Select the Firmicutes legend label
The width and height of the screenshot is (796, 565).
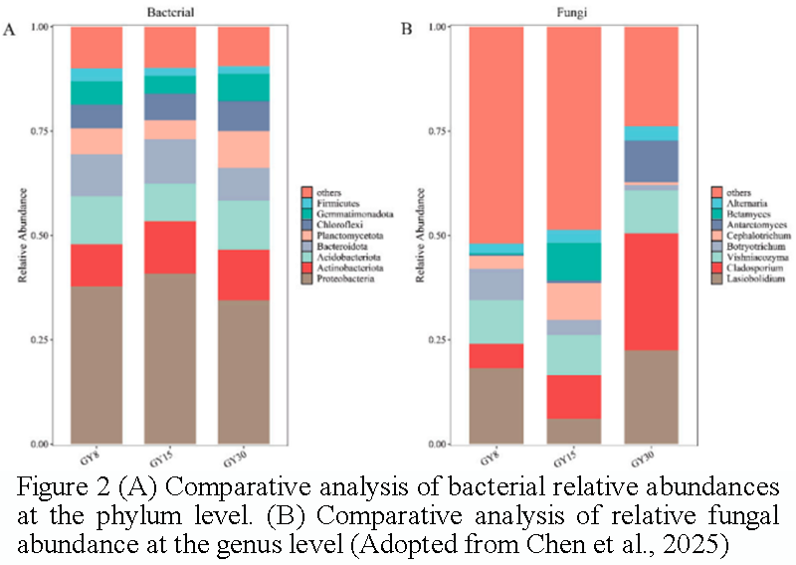337,202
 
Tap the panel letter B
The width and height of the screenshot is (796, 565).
405,30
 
